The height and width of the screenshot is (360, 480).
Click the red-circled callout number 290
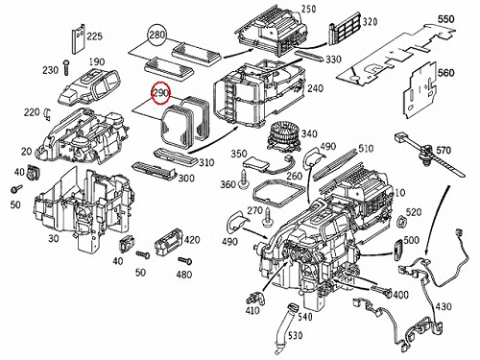point(161,93)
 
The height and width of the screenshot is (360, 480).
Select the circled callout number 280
point(157,35)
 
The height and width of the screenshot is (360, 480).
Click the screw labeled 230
point(66,67)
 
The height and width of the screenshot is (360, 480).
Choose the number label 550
point(445,19)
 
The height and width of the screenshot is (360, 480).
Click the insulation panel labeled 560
point(420,90)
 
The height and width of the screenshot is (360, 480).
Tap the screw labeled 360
point(246,179)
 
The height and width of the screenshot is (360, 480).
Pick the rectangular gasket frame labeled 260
point(277,194)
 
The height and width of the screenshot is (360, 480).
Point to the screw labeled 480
point(185,260)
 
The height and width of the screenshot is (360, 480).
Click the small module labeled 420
point(169,246)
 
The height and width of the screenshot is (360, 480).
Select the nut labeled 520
point(401,221)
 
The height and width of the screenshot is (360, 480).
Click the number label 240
point(315,88)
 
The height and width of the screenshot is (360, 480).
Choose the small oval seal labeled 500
point(398,251)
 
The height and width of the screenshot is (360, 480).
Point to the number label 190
point(97,61)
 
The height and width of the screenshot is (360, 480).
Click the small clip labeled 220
point(47,114)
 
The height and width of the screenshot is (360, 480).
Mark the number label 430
point(444,306)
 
